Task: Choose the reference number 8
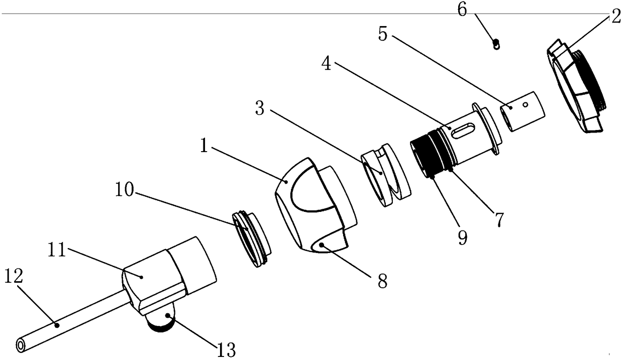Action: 383,282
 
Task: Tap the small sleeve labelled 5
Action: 524,110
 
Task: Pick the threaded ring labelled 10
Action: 251,239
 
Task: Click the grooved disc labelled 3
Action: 386,176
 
